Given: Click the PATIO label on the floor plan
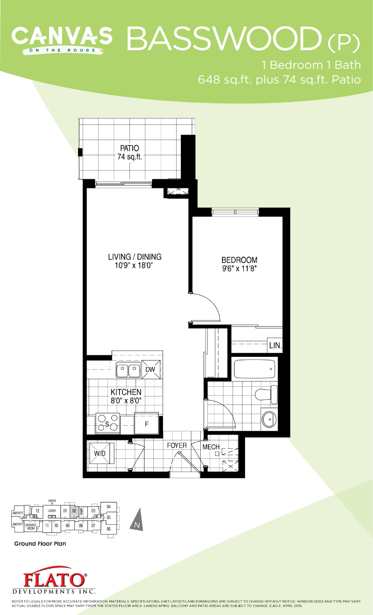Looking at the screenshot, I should click(x=129, y=148).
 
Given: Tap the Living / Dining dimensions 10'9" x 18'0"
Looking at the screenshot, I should click(x=133, y=266).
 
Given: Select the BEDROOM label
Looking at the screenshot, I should click(x=239, y=260).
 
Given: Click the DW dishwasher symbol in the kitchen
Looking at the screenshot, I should click(x=150, y=370).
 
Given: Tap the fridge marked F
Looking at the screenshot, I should click(x=147, y=423).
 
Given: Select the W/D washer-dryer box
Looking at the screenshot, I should click(x=100, y=453).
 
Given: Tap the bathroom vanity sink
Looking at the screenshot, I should click(x=269, y=419).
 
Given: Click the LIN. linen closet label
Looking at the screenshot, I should click(x=275, y=345).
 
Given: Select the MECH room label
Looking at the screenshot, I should click(x=211, y=447).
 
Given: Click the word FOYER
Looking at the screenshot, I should click(x=177, y=445).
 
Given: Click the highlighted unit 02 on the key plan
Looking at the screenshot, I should click(x=74, y=511).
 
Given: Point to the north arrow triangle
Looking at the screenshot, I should click(x=137, y=520).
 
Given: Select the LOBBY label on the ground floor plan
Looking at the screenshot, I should click(x=52, y=511).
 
